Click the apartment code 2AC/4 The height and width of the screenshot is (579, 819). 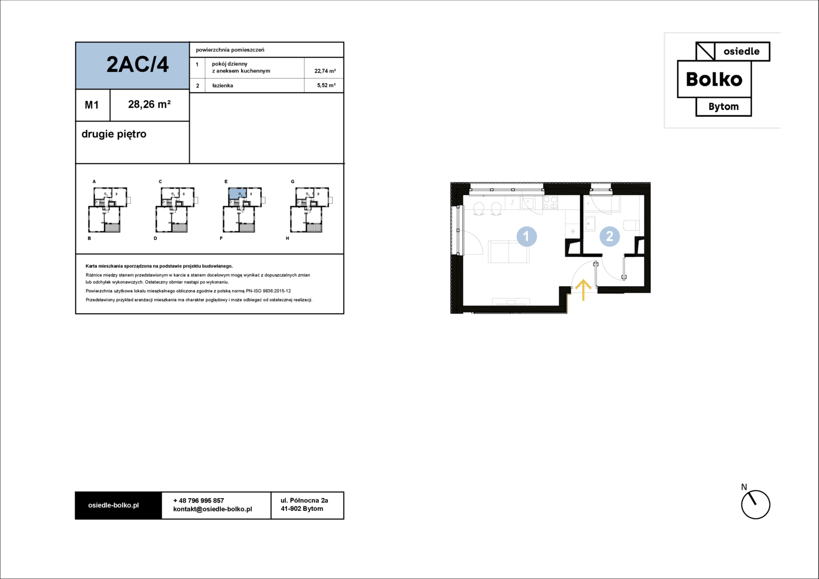[137, 65]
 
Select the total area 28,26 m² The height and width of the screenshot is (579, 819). [149, 105]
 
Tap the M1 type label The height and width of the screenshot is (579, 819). [92, 105]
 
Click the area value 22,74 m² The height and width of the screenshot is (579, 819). [325, 71]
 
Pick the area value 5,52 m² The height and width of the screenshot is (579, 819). [326, 85]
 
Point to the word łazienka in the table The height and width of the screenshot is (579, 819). [222, 86]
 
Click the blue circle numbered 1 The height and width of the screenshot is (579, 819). [526, 236]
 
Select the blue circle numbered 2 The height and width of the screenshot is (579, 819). [609, 236]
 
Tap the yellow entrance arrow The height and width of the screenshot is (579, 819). [583, 289]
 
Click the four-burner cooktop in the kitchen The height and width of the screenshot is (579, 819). [550, 203]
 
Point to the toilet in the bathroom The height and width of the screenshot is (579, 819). [631, 225]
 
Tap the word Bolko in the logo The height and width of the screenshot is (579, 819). [714, 79]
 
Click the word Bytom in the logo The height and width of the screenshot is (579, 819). [724, 107]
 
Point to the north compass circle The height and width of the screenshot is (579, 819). [755, 504]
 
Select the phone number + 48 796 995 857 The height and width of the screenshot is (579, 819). [198, 501]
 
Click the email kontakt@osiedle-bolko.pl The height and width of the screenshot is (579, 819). [212, 509]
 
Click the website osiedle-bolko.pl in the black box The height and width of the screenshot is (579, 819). [113, 506]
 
